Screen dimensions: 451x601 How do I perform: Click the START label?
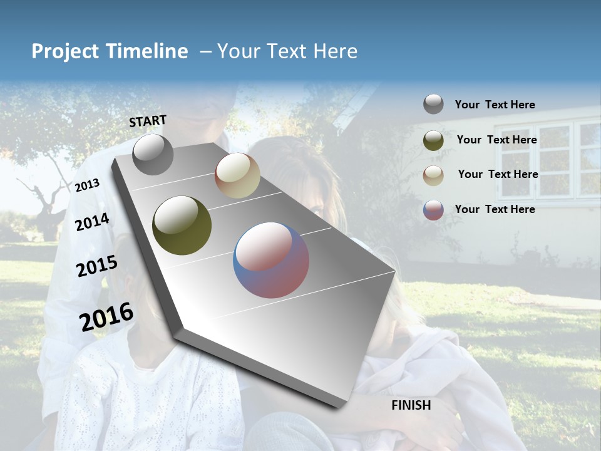pos(148,121)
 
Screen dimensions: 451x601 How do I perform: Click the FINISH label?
pos(411,405)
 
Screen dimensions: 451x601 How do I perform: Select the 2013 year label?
pos(88,185)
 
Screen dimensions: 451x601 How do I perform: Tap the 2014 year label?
pos(92,222)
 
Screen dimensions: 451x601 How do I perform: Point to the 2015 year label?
pos(97,266)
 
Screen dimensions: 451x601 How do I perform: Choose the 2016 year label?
pos(106,316)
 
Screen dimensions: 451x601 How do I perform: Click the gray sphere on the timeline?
pos(153,154)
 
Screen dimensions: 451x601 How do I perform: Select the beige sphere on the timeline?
pos(237,175)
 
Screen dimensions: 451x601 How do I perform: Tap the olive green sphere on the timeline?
pos(182,225)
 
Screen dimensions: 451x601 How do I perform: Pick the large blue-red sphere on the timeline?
pos(271,260)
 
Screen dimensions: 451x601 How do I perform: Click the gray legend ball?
pos(433,104)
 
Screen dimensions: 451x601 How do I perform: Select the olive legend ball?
pos(433,140)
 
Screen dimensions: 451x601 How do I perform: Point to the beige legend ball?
pos(433,175)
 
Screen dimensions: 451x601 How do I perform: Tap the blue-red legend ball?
pos(433,210)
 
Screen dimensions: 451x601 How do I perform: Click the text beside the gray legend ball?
pos(495,105)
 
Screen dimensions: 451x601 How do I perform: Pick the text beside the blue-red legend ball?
pos(495,209)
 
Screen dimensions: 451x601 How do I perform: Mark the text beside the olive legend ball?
pos(496,140)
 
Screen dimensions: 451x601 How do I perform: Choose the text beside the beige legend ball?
pos(498,174)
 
